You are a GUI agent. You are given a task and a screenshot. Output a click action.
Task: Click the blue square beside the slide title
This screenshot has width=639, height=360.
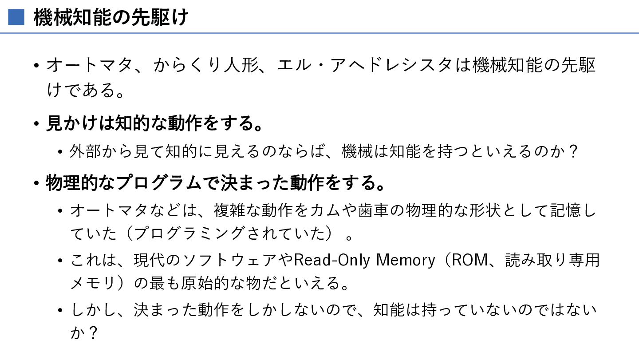pyautogui.click(x=16, y=17)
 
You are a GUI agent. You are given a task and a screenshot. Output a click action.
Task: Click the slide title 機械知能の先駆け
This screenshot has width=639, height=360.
pyautogui.click(x=111, y=17)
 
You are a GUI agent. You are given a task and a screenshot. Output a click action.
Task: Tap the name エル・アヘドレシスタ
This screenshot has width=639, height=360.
pyautogui.click(x=365, y=65)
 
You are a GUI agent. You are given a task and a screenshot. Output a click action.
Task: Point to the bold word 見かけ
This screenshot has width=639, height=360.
pyautogui.click(x=72, y=123)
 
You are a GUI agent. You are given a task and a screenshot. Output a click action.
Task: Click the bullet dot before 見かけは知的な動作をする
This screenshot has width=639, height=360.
pyautogui.click(x=36, y=124)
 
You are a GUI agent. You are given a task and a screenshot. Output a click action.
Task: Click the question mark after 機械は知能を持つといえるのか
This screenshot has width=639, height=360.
pyautogui.click(x=573, y=151)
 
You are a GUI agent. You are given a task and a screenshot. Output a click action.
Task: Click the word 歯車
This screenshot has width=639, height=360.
pyautogui.click(x=373, y=210)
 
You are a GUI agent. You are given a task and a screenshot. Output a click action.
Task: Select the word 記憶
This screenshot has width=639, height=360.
pyautogui.click(x=565, y=210)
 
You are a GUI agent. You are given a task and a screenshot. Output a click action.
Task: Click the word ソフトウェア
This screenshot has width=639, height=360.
pyautogui.click(x=229, y=260)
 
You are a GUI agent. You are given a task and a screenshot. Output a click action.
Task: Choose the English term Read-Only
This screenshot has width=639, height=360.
pyautogui.click(x=332, y=260)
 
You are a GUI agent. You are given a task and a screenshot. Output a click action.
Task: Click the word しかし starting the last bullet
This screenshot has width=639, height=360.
pyautogui.click(x=94, y=310)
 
